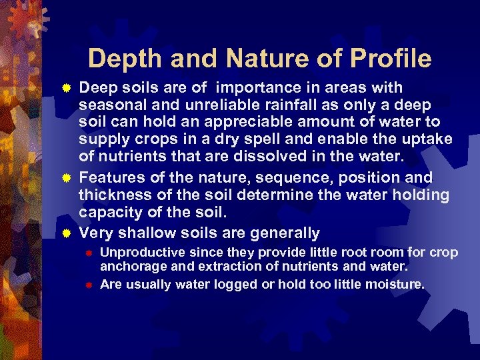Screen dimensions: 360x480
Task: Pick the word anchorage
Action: click(x=127, y=267)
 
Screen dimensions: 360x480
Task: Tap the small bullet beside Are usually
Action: click(x=88, y=285)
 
